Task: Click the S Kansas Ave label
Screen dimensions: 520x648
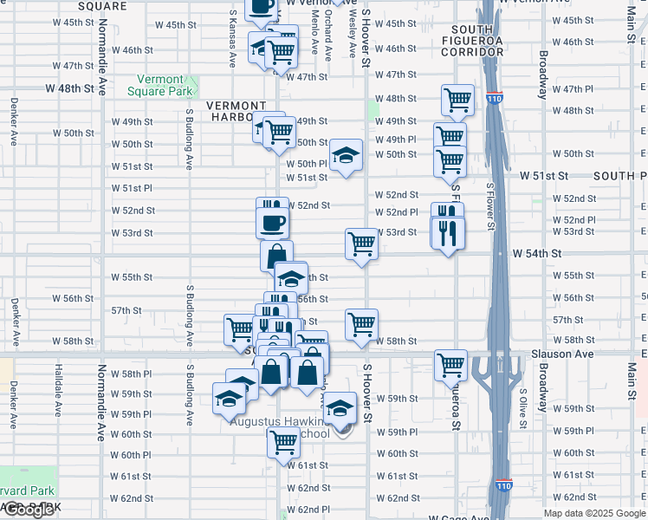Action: point(233,39)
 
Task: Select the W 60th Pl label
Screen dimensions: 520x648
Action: point(131,455)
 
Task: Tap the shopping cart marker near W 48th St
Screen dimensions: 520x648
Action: point(457,99)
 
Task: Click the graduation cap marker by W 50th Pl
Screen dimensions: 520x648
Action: point(346,155)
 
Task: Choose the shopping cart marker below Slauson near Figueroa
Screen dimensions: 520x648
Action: point(451,364)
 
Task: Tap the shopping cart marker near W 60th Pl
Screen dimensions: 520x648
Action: point(283,440)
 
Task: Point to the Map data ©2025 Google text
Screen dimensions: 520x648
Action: point(594,513)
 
